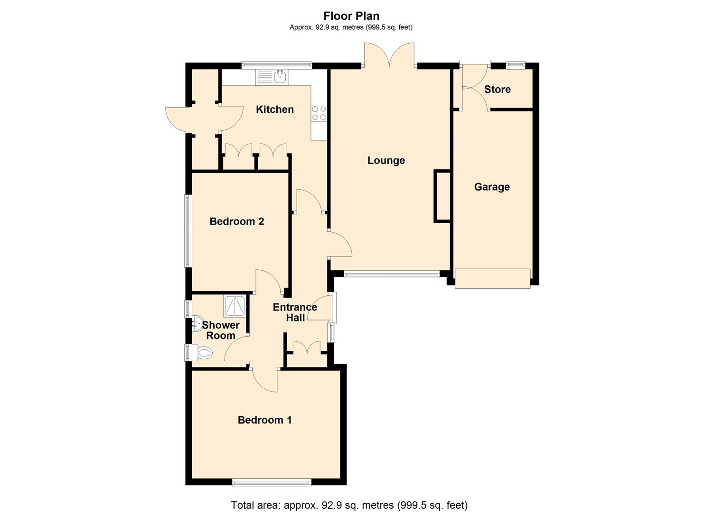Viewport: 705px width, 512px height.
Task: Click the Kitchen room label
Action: tap(274, 110)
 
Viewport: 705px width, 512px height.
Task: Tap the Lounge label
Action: tap(386, 160)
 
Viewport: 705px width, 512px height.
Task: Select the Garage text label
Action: tap(492, 187)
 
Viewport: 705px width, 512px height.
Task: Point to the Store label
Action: tap(497, 89)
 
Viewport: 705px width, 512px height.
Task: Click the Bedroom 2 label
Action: tap(236, 221)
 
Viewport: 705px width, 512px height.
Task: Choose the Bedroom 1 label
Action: tap(264, 420)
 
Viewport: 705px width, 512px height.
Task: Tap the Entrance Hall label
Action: tap(295, 312)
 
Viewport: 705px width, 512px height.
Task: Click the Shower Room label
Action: tap(220, 330)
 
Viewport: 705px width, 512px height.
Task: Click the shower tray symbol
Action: tap(235, 306)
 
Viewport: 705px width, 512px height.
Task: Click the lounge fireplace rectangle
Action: tap(442, 196)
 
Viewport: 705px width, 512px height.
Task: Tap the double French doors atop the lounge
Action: tap(390, 56)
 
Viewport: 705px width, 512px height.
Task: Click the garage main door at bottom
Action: tap(492, 278)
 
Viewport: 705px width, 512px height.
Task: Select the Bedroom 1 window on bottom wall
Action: tap(272, 482)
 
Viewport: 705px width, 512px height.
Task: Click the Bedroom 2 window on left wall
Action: tap(188, 231)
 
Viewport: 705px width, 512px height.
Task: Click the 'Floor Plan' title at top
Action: tap(351, 16)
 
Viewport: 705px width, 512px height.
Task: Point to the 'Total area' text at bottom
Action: tap(349, 505)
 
